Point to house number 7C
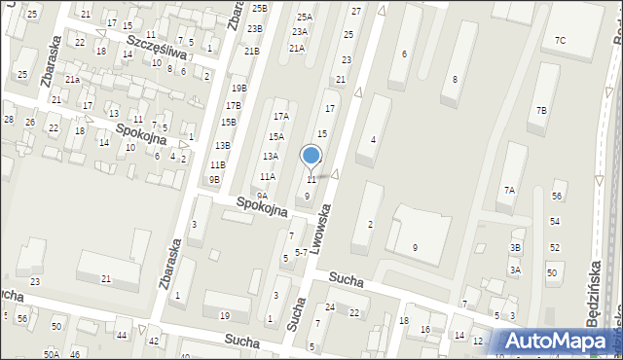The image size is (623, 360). coord(560,40)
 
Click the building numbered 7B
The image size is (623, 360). coord(540,111)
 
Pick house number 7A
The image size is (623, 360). coord(508,190)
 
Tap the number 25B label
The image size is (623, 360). coord(258,8)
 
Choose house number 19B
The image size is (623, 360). coord(238,88)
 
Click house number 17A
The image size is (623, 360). coord(280,115)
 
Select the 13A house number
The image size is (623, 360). coord(270,156)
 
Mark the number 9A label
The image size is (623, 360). coord(262,196)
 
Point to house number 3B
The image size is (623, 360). coord(516,247)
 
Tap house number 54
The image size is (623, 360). coord(555,222)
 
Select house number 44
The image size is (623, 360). coord(122,335)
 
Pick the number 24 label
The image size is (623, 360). coord(330,307)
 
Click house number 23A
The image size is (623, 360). coord(299,31)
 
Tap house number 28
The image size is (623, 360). coord(8,119)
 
